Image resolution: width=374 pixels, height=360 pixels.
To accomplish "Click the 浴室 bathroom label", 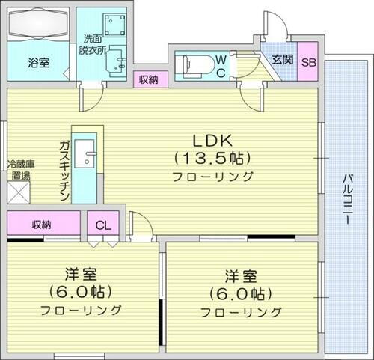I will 39,64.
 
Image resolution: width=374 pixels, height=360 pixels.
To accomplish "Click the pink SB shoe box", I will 308,64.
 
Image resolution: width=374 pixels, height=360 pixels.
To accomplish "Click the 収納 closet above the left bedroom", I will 42,224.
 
